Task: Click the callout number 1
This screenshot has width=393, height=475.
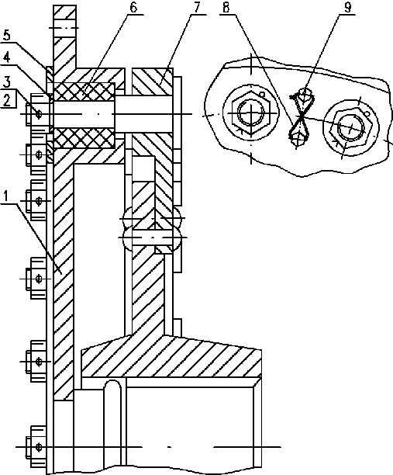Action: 6,197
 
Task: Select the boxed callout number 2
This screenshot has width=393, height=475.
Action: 7,99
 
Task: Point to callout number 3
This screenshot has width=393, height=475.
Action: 6,82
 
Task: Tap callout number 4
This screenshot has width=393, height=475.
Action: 6,57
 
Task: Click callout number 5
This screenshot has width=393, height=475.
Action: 6,35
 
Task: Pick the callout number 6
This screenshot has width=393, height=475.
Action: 133,7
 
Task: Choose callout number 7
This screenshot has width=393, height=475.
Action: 197,7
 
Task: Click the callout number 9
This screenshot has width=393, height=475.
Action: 348,7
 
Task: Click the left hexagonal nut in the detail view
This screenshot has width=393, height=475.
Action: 250,113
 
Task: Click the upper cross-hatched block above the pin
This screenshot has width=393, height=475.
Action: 84,92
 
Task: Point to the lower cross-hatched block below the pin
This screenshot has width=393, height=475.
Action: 84,138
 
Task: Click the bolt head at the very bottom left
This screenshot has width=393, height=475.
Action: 36,447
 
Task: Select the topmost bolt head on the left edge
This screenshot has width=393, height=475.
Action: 37,114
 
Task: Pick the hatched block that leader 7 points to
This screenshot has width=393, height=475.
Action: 152,81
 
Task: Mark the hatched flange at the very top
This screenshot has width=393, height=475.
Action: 64,36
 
